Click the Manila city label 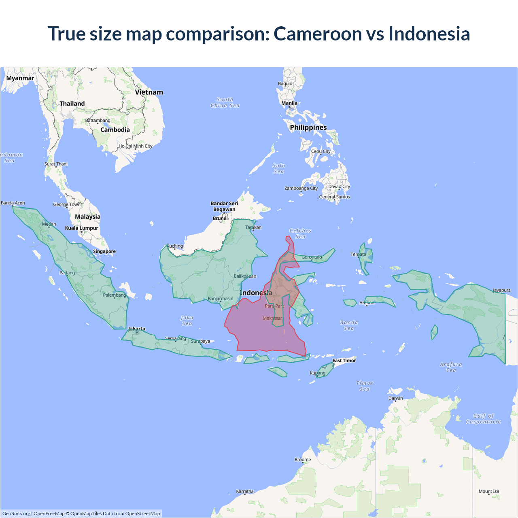(x=289, y=103)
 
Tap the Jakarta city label (x=136, y=329)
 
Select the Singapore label (x=104, y=251)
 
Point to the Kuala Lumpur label (x=82, y=228)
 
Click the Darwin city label (x=395, y=398)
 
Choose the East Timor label (x=344, y=361)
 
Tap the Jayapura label (x=501, y=290)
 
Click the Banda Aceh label (x=13, y=203)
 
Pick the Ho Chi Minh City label (x=136, y=146)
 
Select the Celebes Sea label (x=300, y=234)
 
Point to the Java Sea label (x=187, y=321)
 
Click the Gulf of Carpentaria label (x=483, y=419)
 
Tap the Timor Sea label (x=365, y=386)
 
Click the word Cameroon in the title (x=318, y=34)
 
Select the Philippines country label (x=308, y=127)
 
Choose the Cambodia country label (x=115, y=130)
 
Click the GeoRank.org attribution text (x=16, y=514)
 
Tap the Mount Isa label (x=489, y=491)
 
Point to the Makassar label (x=272, y=318)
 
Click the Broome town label (x=303, y=460)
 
